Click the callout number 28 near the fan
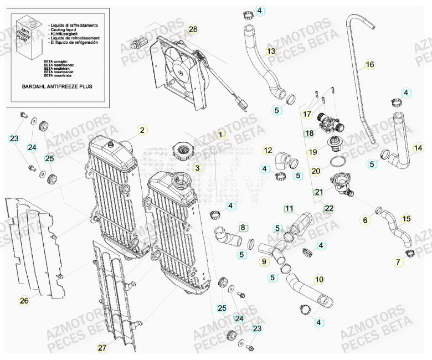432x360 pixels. [193, 29]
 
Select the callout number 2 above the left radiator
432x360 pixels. [142, 130]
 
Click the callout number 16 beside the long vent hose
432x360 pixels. [369, 65]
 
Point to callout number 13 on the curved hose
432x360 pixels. [270, 52]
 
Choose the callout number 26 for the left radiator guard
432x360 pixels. [23, 301]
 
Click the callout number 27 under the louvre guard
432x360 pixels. [101, 348]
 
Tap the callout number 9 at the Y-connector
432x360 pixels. [264, 261]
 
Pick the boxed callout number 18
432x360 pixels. [308, 133]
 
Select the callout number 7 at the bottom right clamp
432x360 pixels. [398, 261]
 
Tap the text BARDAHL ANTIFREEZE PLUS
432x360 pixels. [57, 87]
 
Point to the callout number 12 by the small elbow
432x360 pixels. [268, 150]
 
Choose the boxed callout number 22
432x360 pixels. [329, 208]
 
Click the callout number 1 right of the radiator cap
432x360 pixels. [221, 134]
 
